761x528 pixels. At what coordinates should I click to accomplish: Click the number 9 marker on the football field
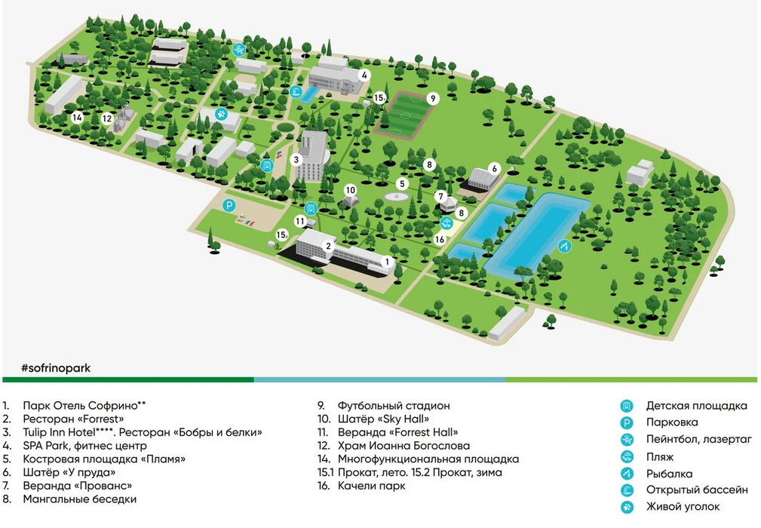433,99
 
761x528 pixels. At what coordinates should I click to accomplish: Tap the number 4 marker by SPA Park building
364,75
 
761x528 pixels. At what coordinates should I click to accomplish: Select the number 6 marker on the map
495,169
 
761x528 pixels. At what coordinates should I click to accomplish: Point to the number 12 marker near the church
107,118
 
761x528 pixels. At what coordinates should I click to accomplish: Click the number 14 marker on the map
77,118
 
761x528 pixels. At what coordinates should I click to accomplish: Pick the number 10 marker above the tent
351,190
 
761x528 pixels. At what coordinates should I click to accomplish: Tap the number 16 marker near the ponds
440,239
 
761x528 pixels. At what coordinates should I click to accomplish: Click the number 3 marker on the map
296,159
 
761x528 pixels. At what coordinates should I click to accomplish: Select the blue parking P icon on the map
229,206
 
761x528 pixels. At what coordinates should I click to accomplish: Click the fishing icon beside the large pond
564,246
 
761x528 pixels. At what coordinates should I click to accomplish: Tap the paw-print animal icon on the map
221,114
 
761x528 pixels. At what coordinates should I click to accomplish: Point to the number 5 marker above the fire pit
402,184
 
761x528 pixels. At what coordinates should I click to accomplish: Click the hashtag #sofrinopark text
56,368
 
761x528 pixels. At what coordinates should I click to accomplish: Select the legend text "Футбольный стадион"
394,406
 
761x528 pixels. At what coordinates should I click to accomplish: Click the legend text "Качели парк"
371,486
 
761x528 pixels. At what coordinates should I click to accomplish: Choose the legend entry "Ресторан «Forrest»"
73,419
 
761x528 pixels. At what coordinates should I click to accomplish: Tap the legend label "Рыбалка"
669,474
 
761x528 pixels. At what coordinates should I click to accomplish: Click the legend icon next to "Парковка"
627,423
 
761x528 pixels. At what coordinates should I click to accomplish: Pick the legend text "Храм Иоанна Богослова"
404,446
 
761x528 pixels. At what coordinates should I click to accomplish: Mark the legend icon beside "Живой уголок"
627,508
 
